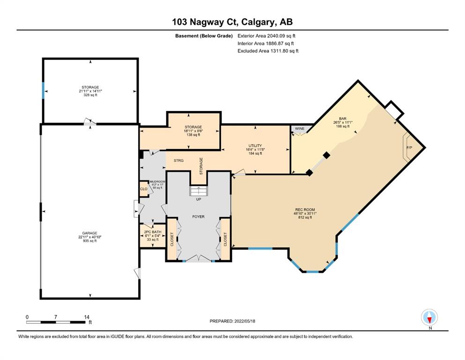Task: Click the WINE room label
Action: tap(300, 128)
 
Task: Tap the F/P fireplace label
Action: tap(409, 148)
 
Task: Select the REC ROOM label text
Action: tap(305, 210)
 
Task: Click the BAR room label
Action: tap(342, 119)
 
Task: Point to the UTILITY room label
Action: tap(255, 146)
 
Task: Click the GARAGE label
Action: tap(89, 233)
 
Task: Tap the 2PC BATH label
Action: tap(153, 232)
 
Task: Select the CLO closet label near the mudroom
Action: tap(144, 189)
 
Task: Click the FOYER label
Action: tap(199, 217)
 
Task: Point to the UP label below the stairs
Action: tap(199, 199)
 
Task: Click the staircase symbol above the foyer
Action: tap(199, 191)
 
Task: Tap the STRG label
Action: tap(178, 161)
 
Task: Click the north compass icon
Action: tap(429, 317)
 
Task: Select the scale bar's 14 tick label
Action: tap(87, 317)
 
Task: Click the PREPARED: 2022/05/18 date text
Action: tap(232, 321)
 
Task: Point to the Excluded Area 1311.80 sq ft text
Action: tap(268, 51)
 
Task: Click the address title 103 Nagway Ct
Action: tap(205, 22)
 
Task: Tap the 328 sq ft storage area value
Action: tap(90, 95)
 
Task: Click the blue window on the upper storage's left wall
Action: tap(43, 90)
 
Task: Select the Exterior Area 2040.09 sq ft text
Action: tap(266, 36)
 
